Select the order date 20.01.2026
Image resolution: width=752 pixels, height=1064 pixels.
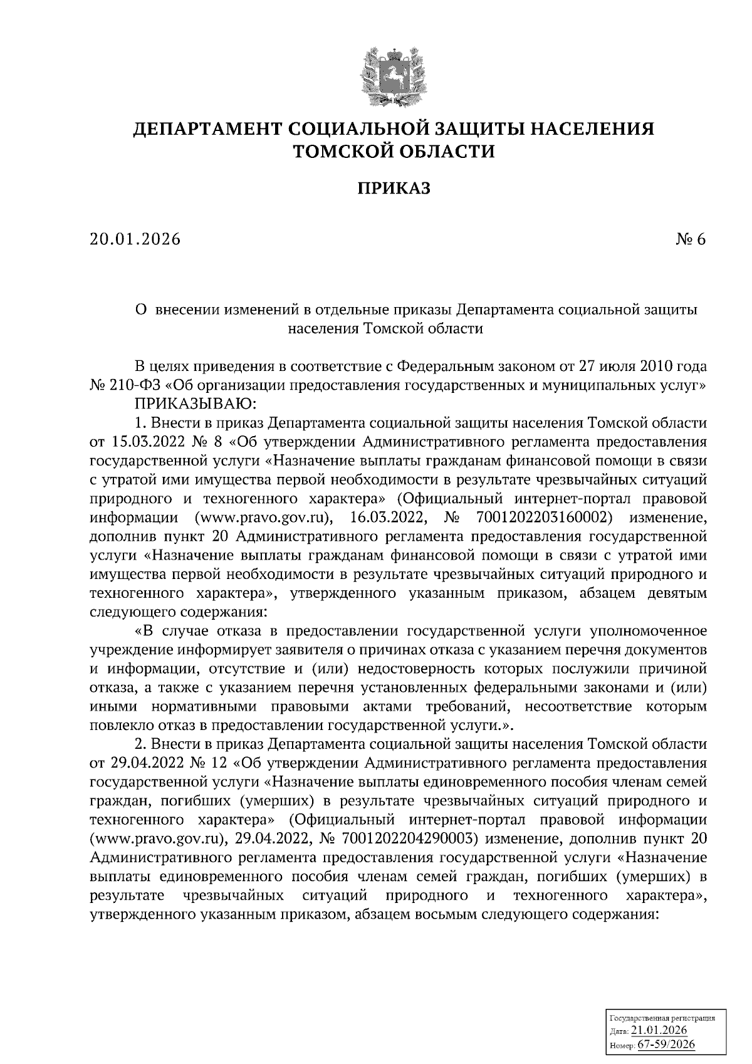point(135,239)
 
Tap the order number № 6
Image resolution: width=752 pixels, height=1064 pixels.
point(691,239)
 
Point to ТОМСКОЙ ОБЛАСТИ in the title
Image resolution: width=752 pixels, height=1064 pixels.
point(394,151)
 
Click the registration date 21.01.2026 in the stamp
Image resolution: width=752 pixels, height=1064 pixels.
point(660,1031)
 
